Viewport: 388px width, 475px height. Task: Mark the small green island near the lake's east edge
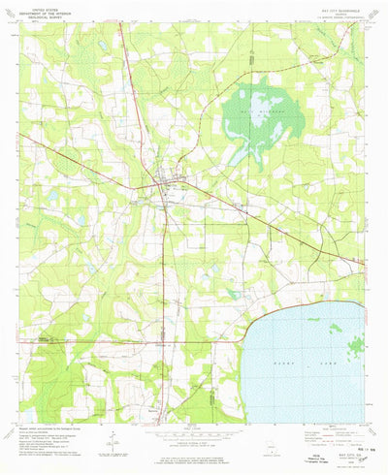tap(355, 343)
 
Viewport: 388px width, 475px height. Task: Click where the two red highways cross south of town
tap(167, 341)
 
